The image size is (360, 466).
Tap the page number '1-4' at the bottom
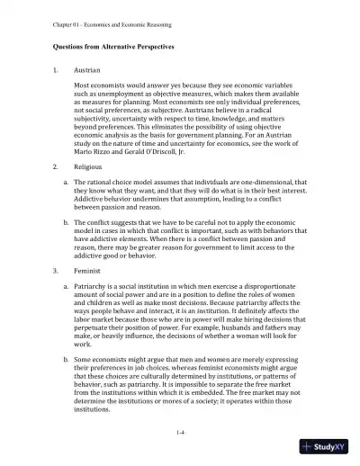tap(180, 433)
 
